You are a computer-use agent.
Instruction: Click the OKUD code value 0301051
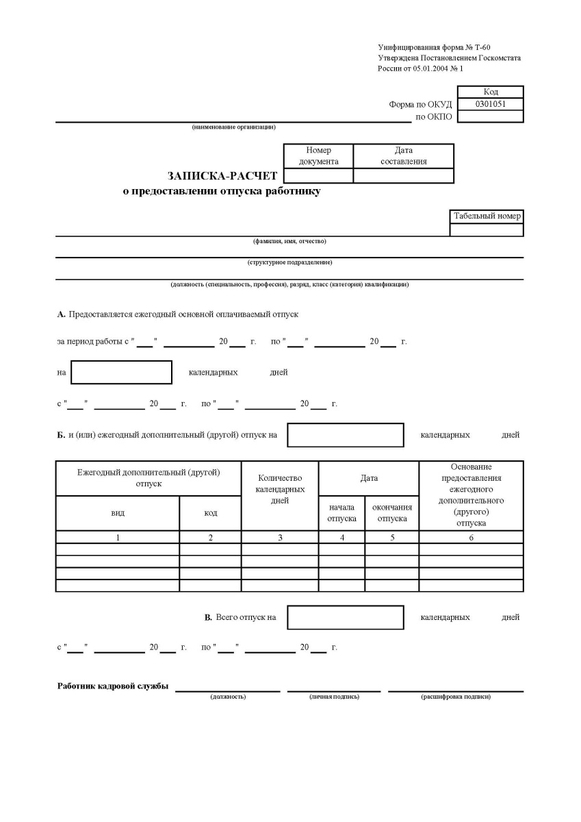pos(489,104)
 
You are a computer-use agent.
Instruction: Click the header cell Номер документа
pos(318,156)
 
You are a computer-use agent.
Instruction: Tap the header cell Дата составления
pos(403,156)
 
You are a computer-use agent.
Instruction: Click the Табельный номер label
pos(487,216)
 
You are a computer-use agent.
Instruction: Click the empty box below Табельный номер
pos(487,230)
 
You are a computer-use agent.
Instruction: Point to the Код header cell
pos(490,92)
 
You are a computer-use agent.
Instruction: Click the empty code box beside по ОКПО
pos(489,116)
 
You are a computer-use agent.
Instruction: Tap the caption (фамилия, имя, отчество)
pos(289,241)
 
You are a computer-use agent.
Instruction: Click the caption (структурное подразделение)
pos(289,262)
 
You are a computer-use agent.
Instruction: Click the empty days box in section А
pos(121,373)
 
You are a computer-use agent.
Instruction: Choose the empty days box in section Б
pos(345,435)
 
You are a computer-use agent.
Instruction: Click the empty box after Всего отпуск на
pos(345,617)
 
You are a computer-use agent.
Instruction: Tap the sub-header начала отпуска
pos(341,513)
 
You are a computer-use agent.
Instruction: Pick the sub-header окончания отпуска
pos(391,513)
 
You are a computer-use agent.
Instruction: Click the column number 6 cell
pos(471,538)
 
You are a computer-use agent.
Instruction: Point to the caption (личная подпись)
pos(334,697)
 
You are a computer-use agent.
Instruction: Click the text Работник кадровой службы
pos(113,687)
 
